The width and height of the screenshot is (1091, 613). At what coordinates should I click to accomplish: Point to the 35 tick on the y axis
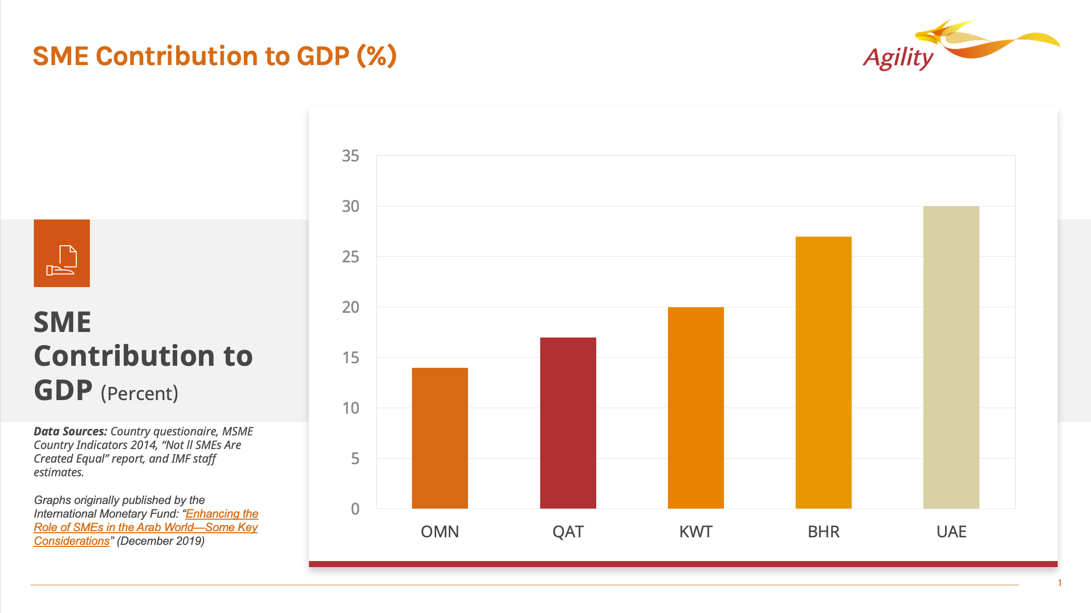point(350,156)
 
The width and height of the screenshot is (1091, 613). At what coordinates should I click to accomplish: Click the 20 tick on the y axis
point(350,307)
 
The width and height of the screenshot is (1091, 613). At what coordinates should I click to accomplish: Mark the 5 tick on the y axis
point(355,459)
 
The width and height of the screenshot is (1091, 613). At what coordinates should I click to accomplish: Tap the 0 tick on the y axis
point(355,509)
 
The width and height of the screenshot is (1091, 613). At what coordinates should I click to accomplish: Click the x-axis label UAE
point(951,532)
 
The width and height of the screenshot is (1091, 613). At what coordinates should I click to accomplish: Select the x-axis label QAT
point(568,532)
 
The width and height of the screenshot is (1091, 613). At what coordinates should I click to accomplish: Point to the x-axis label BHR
point(823,532)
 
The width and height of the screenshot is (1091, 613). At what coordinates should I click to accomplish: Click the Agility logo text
point(898,58)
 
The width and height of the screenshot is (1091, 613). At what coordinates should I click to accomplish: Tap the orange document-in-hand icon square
point(62,253)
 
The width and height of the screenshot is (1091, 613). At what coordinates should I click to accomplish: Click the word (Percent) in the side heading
point(139,394)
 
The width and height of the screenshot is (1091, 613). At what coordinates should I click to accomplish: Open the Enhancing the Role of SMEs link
point(146,527)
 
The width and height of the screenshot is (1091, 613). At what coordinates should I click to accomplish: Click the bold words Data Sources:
point(70,431)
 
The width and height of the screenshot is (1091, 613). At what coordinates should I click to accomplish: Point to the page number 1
point(1060,583)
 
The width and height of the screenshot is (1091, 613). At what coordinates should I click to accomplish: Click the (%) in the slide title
point(377,55)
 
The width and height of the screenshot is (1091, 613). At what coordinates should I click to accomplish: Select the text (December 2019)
point(161,541)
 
